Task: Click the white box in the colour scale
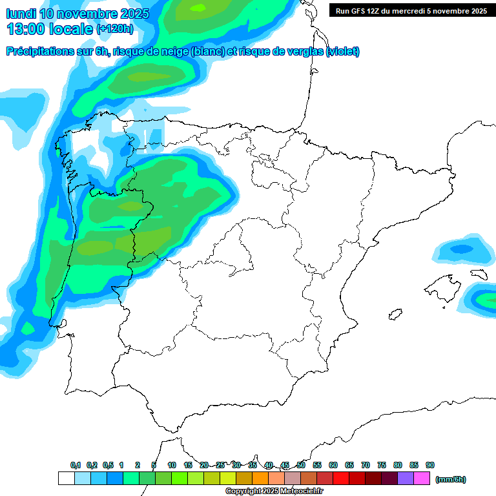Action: tap(66, 479)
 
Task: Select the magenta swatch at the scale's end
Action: tap(422, 479)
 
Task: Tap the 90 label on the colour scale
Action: tap(430, 465)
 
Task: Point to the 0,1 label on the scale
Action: tap(76, 465)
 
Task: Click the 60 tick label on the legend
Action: tap(333, 465)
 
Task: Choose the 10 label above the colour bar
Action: tap(172, 465)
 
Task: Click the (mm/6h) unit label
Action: tap(450, 479)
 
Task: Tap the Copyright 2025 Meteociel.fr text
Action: tap(274, 491)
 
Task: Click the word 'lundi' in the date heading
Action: tap(21, 14)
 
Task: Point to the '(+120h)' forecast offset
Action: tap(114, 29)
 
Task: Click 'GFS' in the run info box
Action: tap(361, 10)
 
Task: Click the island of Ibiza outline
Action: tap(395, 315)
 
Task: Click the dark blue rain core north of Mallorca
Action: tap(461, 249)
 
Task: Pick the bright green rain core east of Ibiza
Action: tap(486, 299)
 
